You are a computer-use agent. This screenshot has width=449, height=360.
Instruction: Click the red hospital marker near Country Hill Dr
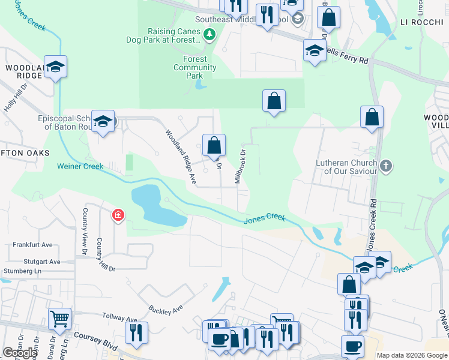pyautogui.click(x=118, y=215)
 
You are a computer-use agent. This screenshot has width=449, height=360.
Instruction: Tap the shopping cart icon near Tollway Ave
pyautogui.click(x=59, y=319)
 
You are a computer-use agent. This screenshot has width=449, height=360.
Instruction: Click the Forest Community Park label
pyautogui.click(x=194, y=68)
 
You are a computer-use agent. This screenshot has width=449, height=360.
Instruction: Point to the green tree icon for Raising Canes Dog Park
pyautogui.click(x=209, y=35)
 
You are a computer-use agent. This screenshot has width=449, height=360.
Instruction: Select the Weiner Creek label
pyautogui.click(x=80, y=166)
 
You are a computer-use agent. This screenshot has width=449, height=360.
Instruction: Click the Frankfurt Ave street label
pyautogui.click(x=32, y=245)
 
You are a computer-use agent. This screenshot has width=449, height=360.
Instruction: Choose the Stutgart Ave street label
pyautogui.click(x=37, y=262)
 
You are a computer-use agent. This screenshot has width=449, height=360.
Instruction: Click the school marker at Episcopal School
pyautogui.click(x=103, y=123)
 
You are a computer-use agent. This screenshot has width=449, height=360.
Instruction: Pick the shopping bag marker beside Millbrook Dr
pyautogui.click(x=214, y=145)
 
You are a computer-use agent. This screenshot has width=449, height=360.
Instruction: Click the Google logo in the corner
pyautogui.click(x=20, y=353)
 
